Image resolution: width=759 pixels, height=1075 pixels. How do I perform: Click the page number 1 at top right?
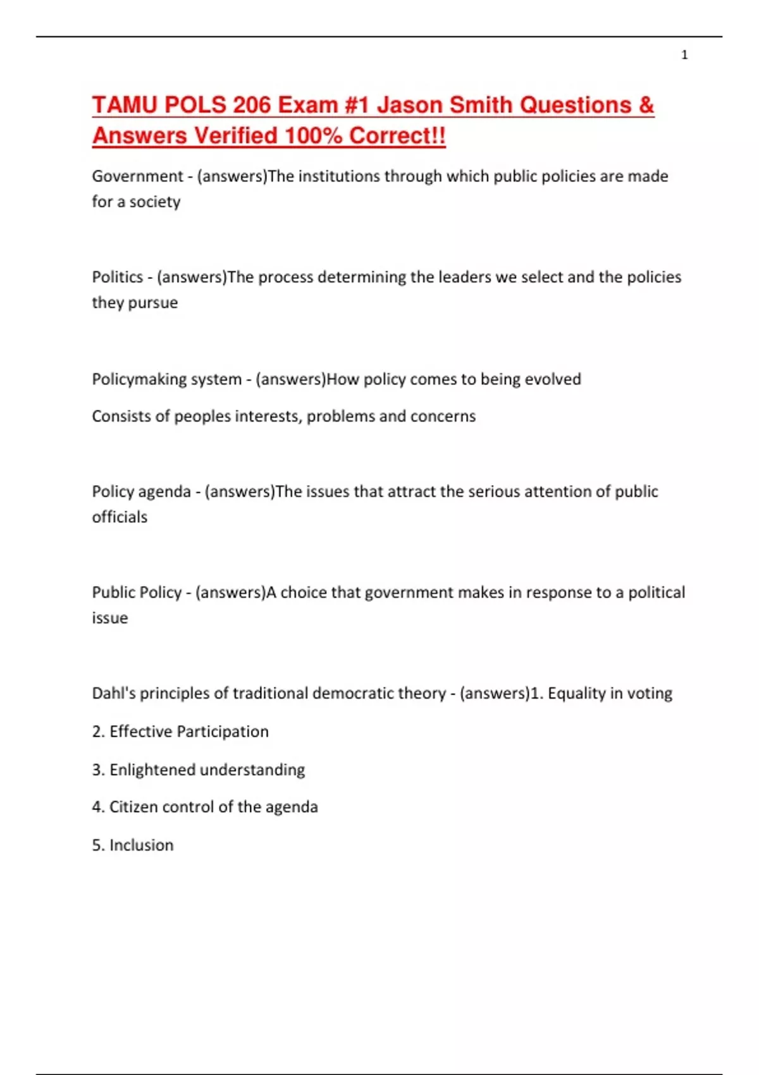point(684,55)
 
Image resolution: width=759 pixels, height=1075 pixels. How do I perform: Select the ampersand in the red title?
point(646,105)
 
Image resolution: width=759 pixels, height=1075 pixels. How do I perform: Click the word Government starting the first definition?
point(137,176)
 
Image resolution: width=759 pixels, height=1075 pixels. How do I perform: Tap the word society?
point(155,202)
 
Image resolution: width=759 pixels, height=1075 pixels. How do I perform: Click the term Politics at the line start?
point(118,277)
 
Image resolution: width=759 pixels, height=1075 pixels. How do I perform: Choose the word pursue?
point(153,303)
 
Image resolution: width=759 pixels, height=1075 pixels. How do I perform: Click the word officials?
point(120,517)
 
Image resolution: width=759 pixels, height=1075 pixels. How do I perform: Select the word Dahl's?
point(113,693)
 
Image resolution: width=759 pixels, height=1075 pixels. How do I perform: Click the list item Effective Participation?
point(188,732)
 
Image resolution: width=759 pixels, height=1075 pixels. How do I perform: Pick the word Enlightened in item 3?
point(152,770)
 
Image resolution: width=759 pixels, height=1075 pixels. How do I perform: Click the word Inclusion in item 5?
point(141,845)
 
